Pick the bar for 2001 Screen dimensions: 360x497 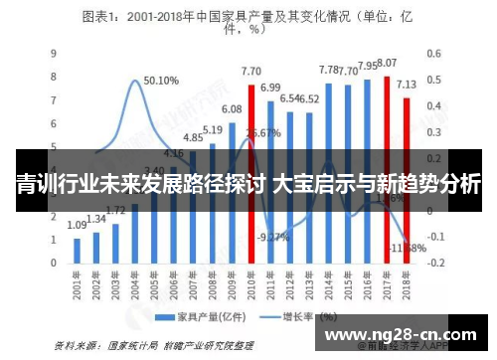[x=77, y=252]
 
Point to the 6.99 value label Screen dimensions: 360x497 [x=270, y=88]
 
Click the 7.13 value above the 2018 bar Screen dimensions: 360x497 [x=407, y=85]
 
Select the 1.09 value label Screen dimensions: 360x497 [x=77, y=226]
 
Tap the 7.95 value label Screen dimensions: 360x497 [x=368, y=66]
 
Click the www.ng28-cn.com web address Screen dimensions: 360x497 [x=403, y=333]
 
